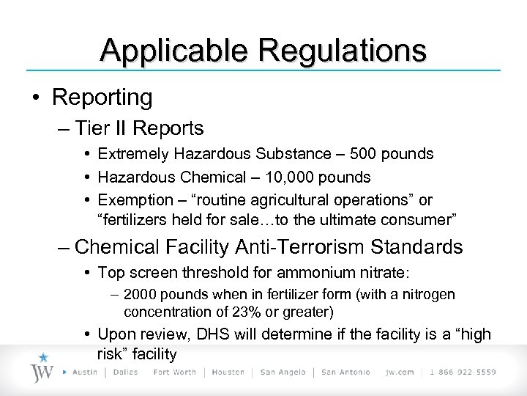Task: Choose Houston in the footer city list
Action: [x=228, y=373]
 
